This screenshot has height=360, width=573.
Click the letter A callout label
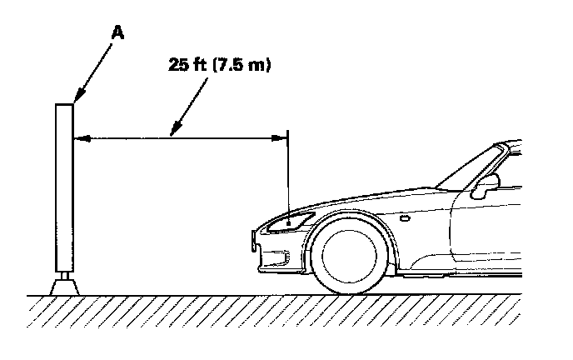pyautogui.click(x=118, y=32)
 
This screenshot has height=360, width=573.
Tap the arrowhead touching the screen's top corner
pyautogui.click(x=76, y=100)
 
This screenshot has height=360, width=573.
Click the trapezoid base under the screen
pyautogui.click(x=64, y=286)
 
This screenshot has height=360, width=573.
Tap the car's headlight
pyautogui.click(x=292, y=222)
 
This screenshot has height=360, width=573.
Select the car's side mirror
pyautogui.click(x=483, y=188)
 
